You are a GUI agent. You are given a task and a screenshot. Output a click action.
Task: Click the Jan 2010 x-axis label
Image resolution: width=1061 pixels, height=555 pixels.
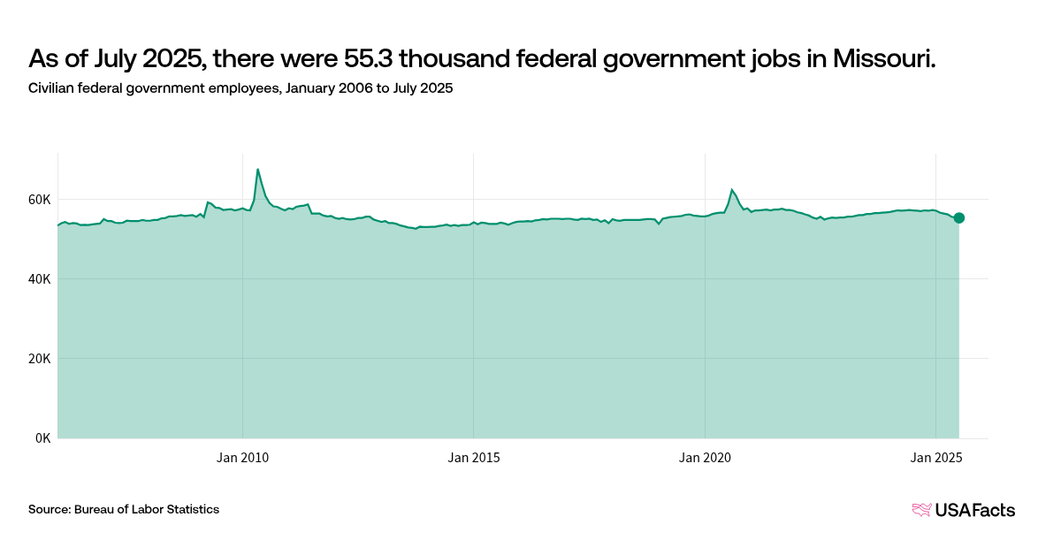click(x=242, y=458)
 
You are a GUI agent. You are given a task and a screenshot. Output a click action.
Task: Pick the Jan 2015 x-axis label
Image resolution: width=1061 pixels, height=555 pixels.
click(x=473, y=458)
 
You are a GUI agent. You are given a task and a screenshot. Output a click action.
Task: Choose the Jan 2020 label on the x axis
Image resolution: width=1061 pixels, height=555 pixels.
click(x=705, y=458)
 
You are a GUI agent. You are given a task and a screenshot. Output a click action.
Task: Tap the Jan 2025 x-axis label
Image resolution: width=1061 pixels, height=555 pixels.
click(x=935, y=458)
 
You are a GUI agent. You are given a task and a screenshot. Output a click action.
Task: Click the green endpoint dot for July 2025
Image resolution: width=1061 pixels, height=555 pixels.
click(x=959, y=217)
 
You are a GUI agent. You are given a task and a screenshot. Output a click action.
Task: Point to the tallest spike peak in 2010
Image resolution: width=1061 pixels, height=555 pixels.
click(x=257, y=169)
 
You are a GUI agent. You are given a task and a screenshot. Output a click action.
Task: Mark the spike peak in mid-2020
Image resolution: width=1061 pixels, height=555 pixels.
click(x=731, y=189)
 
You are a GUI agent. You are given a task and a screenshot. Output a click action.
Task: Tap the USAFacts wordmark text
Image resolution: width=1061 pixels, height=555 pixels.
click(x=975, y=510)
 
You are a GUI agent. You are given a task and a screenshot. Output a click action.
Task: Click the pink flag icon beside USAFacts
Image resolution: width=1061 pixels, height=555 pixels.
click(x=921, y=510)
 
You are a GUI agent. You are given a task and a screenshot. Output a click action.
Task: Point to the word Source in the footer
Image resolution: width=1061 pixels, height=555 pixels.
click(x=49, y=510)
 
